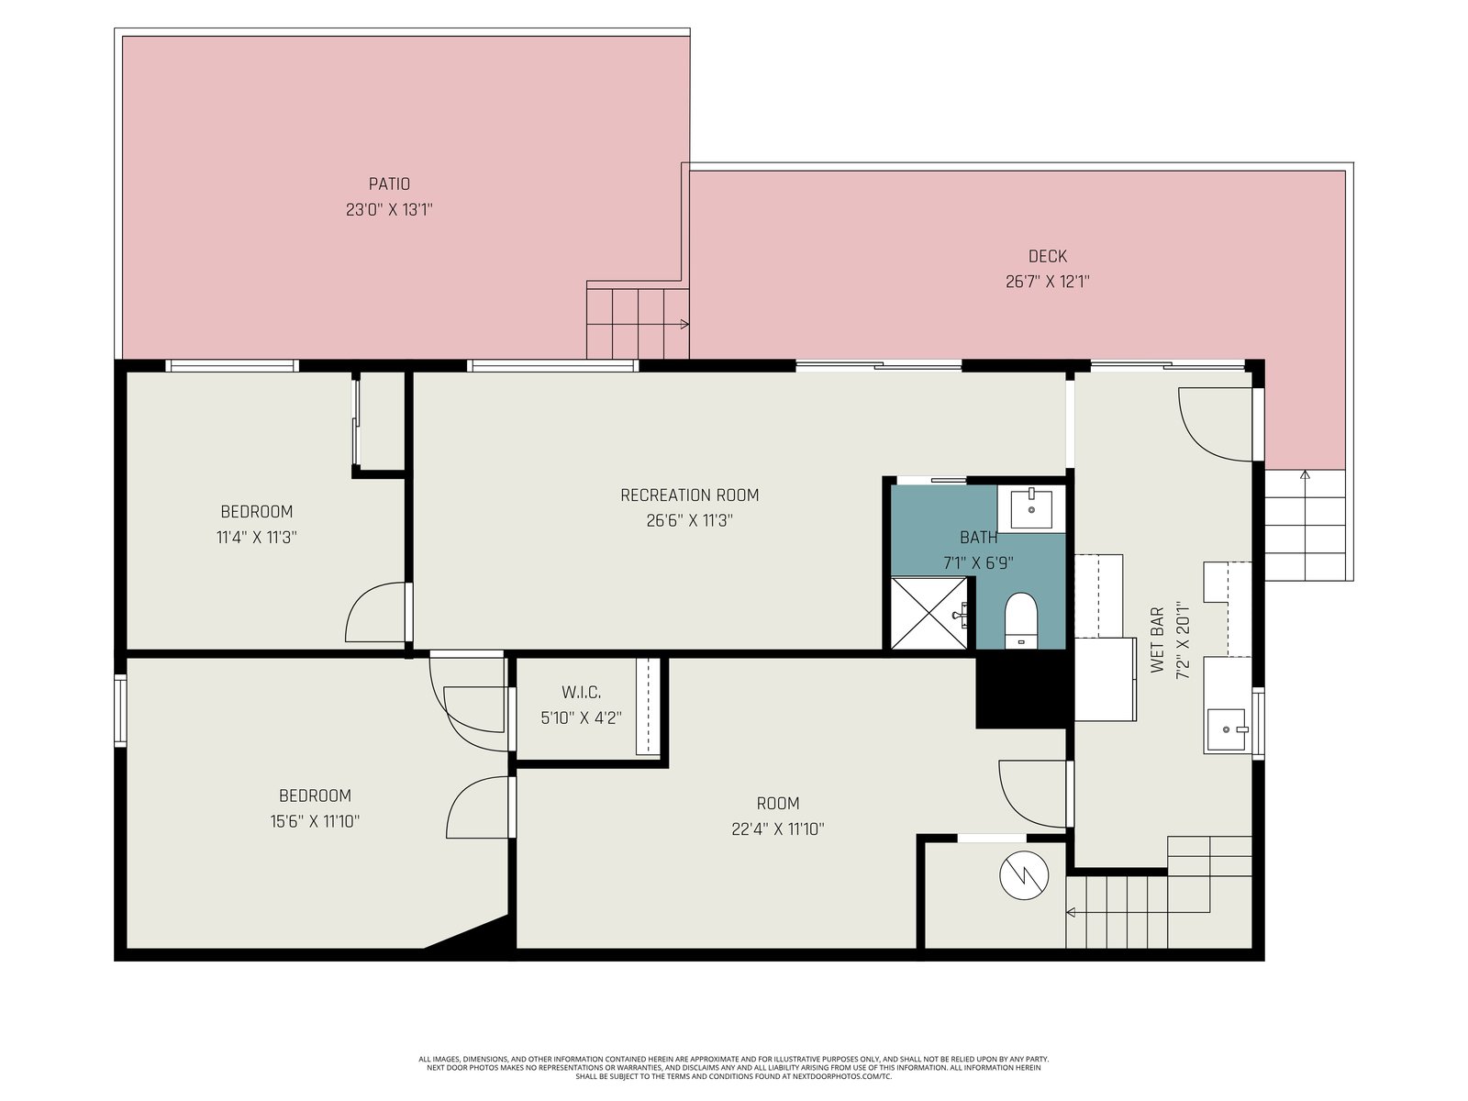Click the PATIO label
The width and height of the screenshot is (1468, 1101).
click(x=389, y=183)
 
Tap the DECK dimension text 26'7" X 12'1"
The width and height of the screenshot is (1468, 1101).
click(x=1048, y=282)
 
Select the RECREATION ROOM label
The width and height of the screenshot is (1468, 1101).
click(x=690, y=495)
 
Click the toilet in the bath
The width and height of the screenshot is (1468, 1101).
click(x=1020, y=619)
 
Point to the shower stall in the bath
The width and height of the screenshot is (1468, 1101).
click(x=929, y=614)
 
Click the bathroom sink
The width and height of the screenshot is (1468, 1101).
click(x=1030, y=508)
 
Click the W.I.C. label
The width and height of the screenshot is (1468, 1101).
click(x=581, y=692)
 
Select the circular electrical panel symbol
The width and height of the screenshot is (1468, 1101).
click(x=1024, y=875)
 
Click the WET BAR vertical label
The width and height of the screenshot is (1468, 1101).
click(x=1158, y=639)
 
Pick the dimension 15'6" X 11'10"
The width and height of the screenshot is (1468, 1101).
click(x=315, y=821)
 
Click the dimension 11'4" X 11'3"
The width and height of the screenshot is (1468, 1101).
click(x=256, y=538)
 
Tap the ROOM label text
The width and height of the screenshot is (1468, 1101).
click(x=778, y=804)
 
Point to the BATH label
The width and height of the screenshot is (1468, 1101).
click(x=978, y=538)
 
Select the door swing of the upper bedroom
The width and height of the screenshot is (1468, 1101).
click(x=376, y=612)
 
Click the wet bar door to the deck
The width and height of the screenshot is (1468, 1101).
click(x=1215, y=425)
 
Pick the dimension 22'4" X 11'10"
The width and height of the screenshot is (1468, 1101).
click(x=778, y=829)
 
